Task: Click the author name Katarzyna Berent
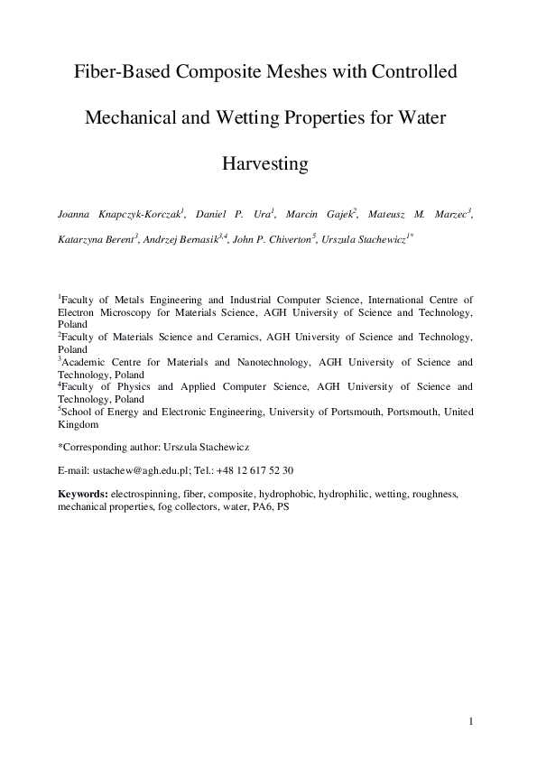(94, 242)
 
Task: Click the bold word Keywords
(83, 495)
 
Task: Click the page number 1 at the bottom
(471, 720)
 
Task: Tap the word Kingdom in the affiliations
(79, 423)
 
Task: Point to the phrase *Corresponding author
(106, 446)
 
